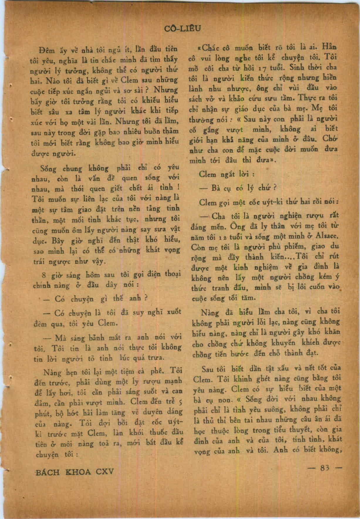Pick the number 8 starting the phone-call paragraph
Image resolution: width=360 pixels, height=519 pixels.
click(44, 275)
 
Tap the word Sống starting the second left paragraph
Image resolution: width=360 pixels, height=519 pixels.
click(46, 169)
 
